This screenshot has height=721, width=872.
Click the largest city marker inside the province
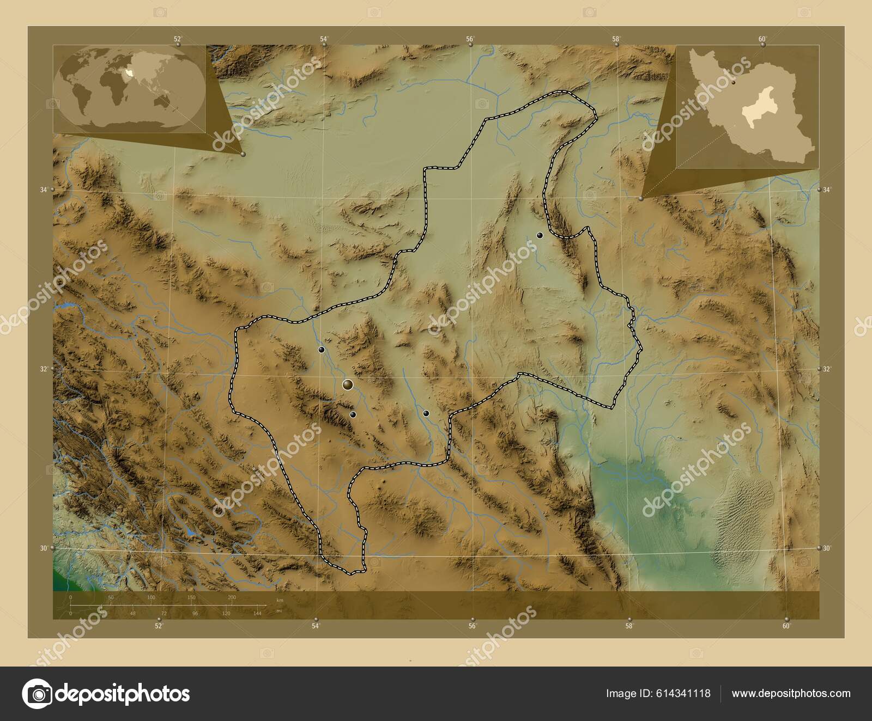(x=348, y=385)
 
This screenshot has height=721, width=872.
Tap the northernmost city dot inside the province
(x=540, y=235)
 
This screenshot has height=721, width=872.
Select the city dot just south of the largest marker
(x=353, y=415)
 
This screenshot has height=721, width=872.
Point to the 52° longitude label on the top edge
(x=178, y=39)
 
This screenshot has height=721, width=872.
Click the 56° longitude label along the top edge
(x=470, y=39)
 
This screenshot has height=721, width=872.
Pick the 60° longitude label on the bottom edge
(x=786, y=626)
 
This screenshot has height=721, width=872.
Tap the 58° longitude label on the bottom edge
(x=629, y=626)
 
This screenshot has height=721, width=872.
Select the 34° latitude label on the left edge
(x=43, y=190)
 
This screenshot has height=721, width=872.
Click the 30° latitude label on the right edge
(x=827, y=548)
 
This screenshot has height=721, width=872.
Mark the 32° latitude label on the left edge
(x=43, y=369)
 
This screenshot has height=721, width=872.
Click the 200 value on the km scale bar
(x=232, y=598)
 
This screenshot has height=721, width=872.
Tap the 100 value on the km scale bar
(x=152, y=598)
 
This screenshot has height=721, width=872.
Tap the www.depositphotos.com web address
(x=791, y=693)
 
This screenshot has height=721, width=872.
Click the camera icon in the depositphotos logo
(x=37, y=694)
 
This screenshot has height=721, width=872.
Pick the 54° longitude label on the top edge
(x=324, y=39)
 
